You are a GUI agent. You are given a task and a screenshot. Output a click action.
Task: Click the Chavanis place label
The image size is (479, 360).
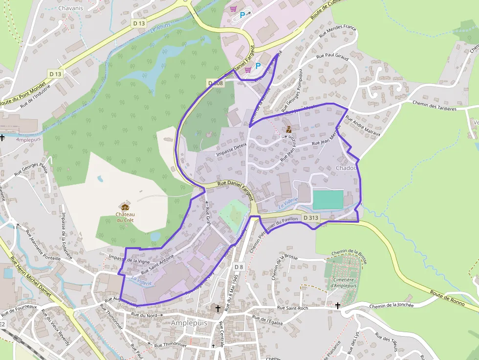pos(70,8)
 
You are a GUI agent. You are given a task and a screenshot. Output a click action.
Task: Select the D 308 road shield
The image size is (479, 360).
pos(216,83)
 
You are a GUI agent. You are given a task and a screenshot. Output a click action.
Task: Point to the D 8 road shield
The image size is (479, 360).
pos(239,267)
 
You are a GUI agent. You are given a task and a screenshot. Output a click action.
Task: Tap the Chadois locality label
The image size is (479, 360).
pos(346,168)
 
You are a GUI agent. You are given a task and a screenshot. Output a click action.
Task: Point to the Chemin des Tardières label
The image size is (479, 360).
pos(435,106)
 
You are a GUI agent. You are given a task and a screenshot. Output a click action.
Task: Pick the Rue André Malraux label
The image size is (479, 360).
pos(363,125)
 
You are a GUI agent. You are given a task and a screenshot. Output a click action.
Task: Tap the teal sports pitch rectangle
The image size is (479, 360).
pos(328,200)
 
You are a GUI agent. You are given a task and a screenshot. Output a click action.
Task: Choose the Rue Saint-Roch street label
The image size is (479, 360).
pos(293,308)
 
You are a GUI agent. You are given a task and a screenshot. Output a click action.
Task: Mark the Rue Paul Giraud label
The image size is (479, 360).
pos(332,56)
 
